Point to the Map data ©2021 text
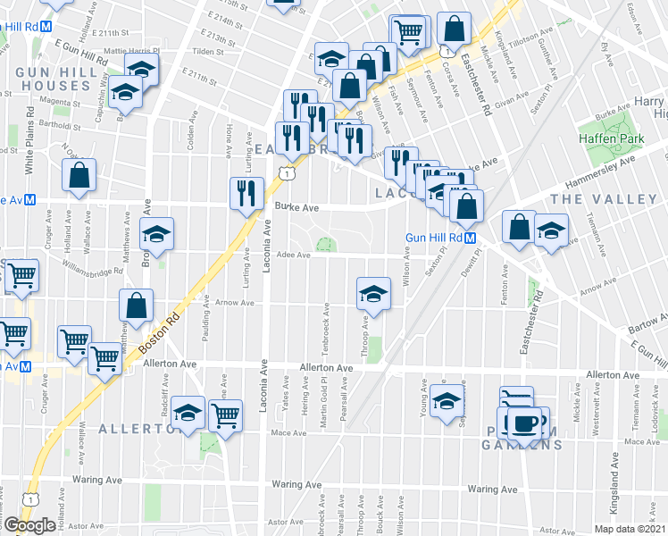(x=628, y=529)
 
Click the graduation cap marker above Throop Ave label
(x=373, y=293)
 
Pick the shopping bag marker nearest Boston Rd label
(x=136, y=306)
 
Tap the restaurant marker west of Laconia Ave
(x=244, y=194)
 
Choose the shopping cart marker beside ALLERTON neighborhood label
(x=225, y=415)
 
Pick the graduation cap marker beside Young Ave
(x=446, y=401)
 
